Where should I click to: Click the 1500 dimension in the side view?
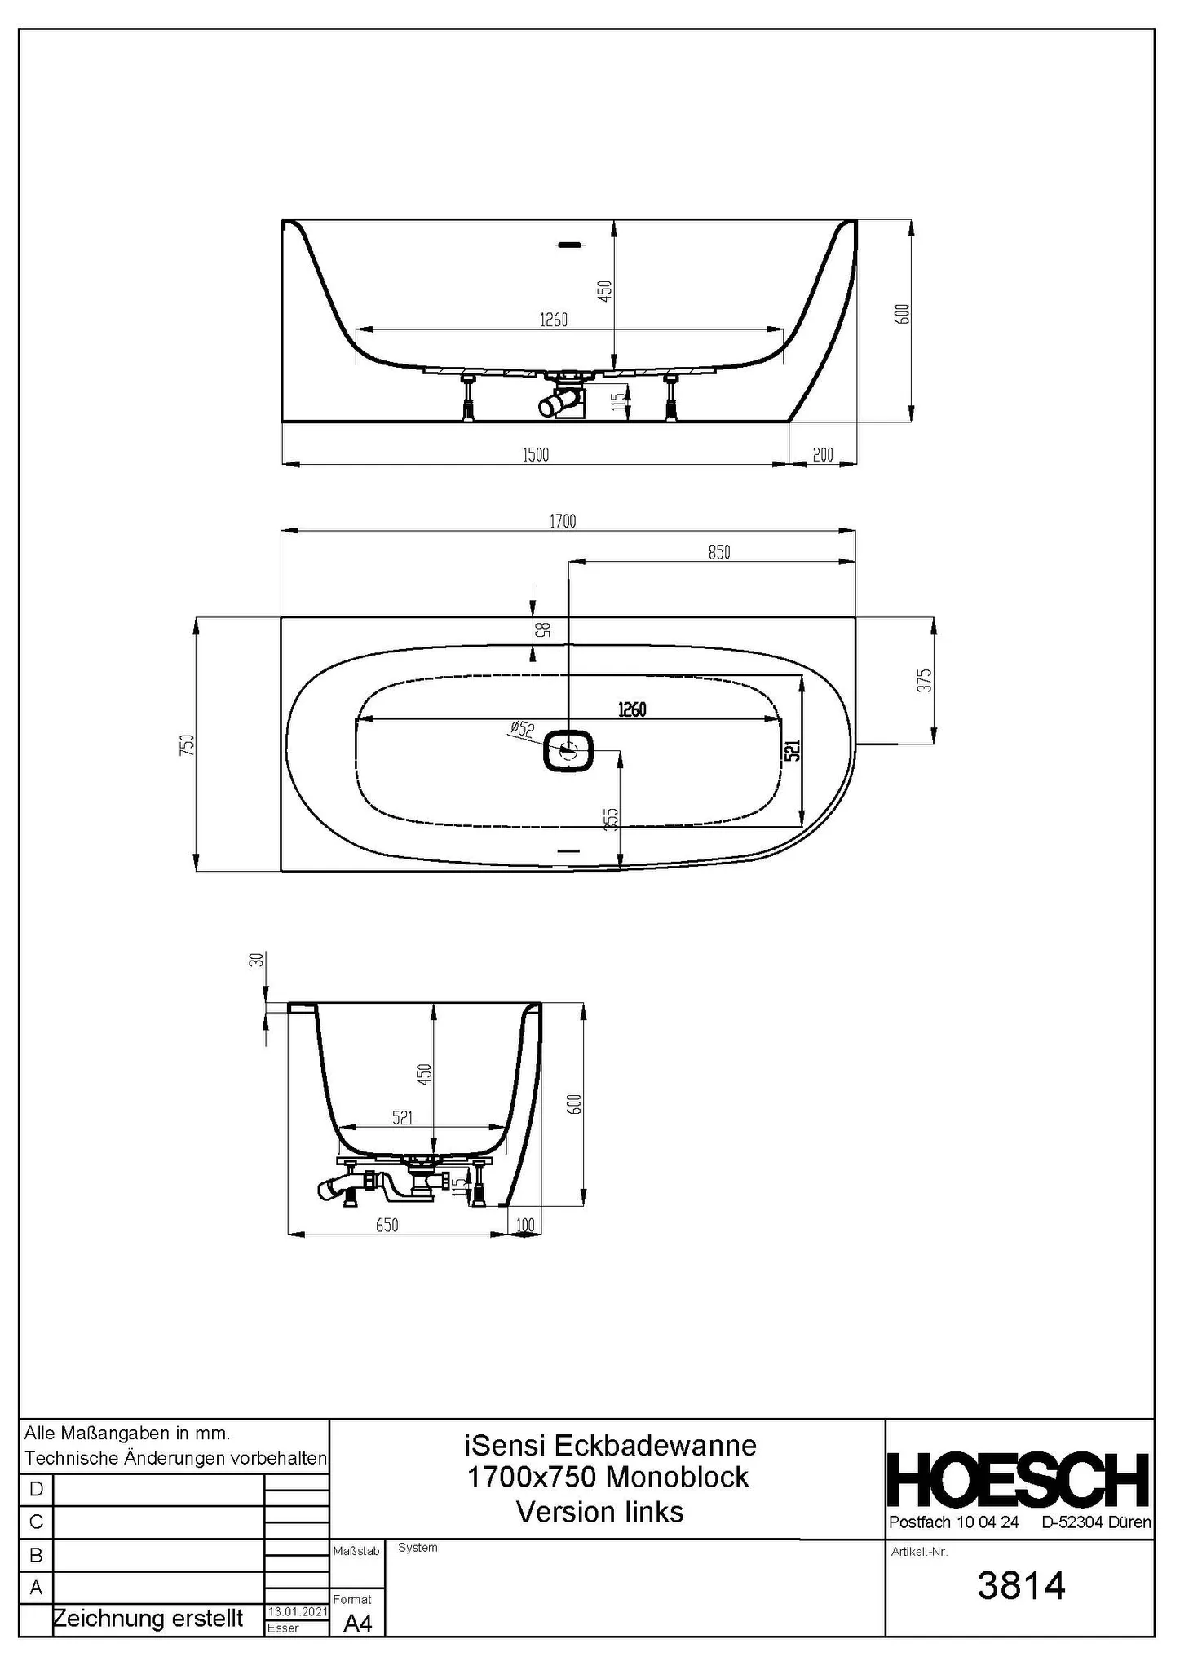click(x=535, y=455)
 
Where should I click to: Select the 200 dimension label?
click(x=823, y=455)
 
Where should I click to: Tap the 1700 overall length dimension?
click(x=563, y=521)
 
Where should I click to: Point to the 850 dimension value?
click(x=718, y=553)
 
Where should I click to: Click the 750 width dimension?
click(x=188, y=744)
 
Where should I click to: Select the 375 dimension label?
click(x=924, y=681)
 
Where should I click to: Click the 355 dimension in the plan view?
click(x=611, y=820)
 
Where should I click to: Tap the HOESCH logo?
click(x=1019, y=1479)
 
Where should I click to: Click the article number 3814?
click(x=1021, y=1586)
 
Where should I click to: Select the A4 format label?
click(x=357, y=1624)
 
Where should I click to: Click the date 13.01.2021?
click(x=297, y=1612)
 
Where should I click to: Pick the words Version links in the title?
click(x=600, y=1512)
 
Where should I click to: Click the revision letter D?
click(x=36, y=1490)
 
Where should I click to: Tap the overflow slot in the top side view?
click(x=568, y=243)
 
